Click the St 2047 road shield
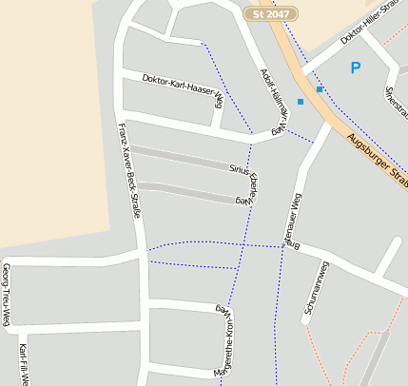271,15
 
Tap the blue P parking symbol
356,68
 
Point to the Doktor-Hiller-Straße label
370,26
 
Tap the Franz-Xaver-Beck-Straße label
128,170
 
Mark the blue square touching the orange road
321,89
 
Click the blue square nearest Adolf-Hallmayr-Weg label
301,101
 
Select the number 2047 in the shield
278,15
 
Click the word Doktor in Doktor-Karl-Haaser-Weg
154,79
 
